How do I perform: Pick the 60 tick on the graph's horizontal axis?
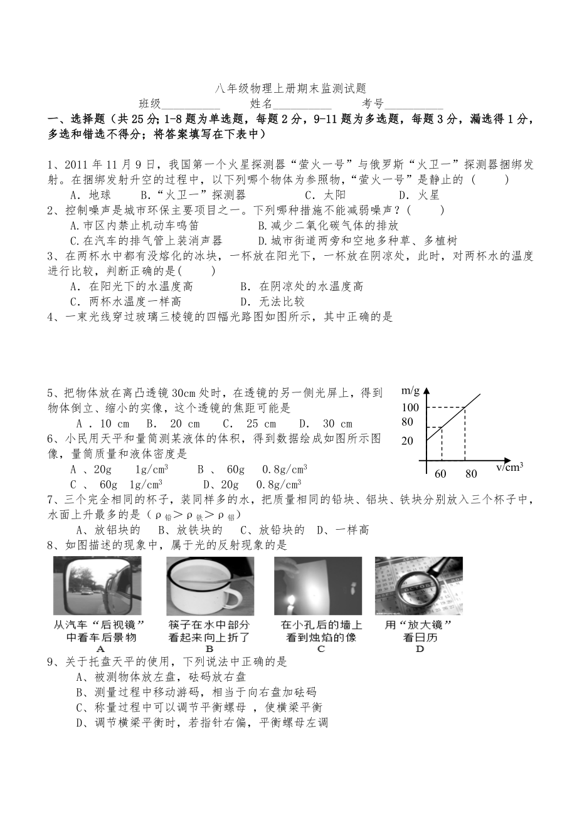[x=440, y=474]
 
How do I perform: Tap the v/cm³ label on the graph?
[x=509, y=467]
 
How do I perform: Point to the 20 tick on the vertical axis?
[x=408, y=441]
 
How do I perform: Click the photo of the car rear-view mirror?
[x=97, y=586]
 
